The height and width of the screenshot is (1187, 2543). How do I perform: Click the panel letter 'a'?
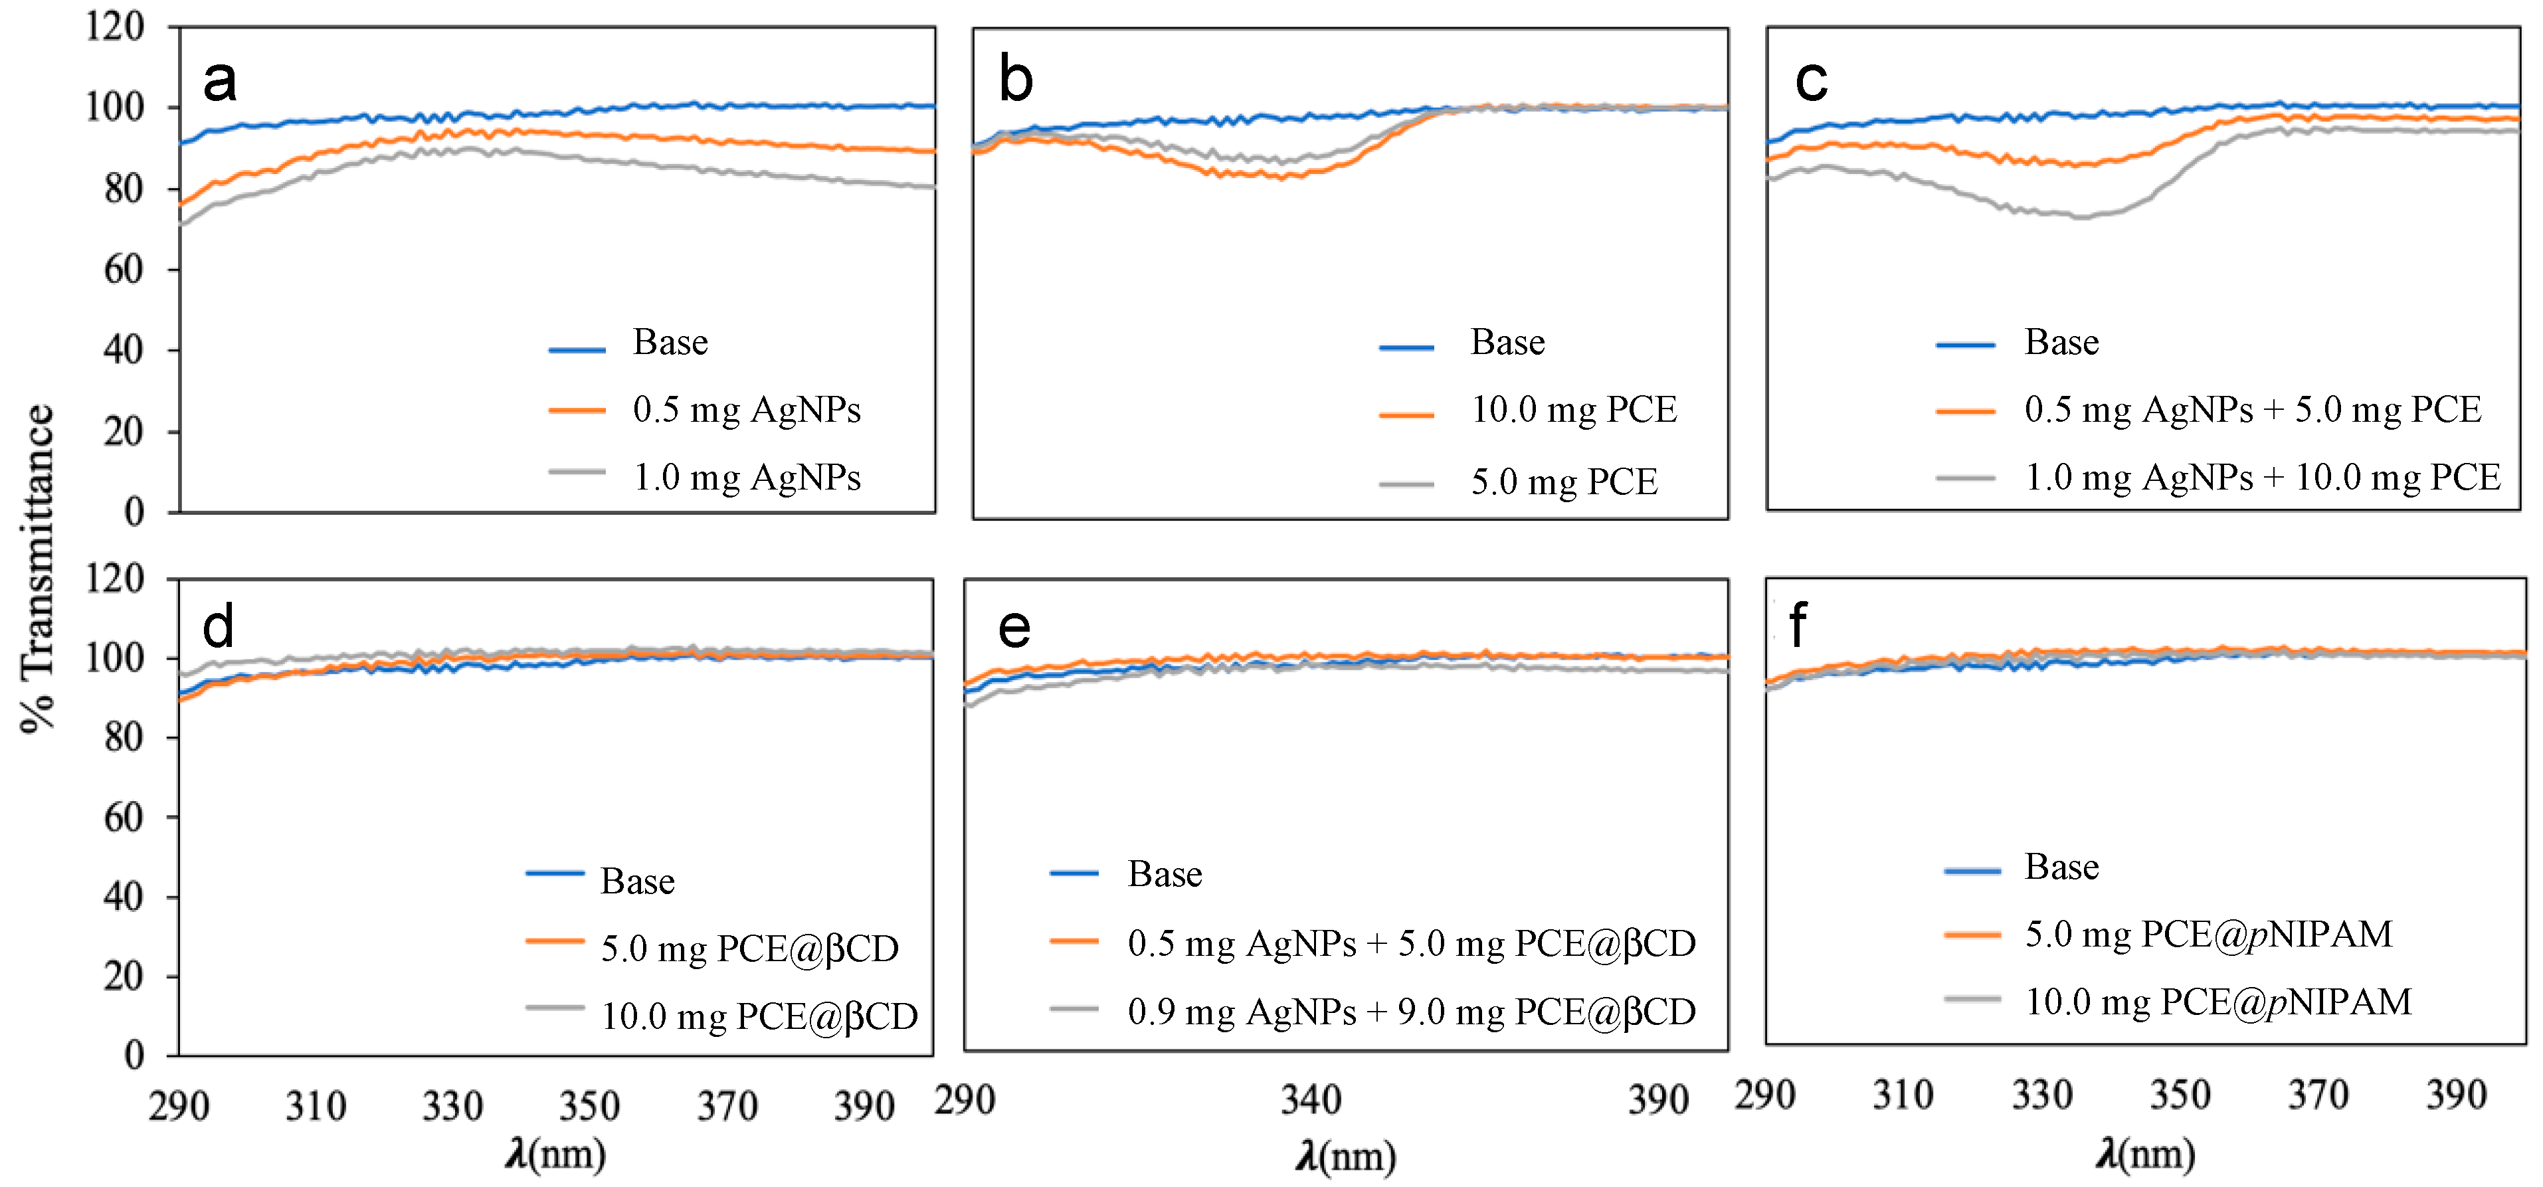(219, 81)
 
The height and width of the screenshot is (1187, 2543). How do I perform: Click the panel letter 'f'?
(1798, 626)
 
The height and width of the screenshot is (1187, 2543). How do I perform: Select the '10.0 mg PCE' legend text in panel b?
(1574, 409)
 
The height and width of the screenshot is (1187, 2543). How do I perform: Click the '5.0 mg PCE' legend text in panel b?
(1564, 482)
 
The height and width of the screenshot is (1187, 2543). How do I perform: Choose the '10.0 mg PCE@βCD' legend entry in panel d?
(759, 1016)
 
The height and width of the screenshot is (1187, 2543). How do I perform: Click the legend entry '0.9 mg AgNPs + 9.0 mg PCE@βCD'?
(1411, 1012)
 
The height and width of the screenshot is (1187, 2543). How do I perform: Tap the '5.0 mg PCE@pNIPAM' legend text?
(2208, 933)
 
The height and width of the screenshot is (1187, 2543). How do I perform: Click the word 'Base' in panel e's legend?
(1165, 874)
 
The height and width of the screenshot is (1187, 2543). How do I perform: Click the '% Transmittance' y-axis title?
(37, 567)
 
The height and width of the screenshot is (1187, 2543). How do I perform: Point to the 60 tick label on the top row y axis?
(124, 270)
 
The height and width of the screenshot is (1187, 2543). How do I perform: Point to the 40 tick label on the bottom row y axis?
(124, 897)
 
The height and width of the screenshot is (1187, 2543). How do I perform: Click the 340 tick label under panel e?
(1311, 1099)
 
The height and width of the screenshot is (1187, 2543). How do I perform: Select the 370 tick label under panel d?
(727, 1106)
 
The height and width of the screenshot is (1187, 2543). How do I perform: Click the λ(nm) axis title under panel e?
(1345, 1155)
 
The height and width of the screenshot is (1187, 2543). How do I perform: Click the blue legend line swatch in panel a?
(577, 349)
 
